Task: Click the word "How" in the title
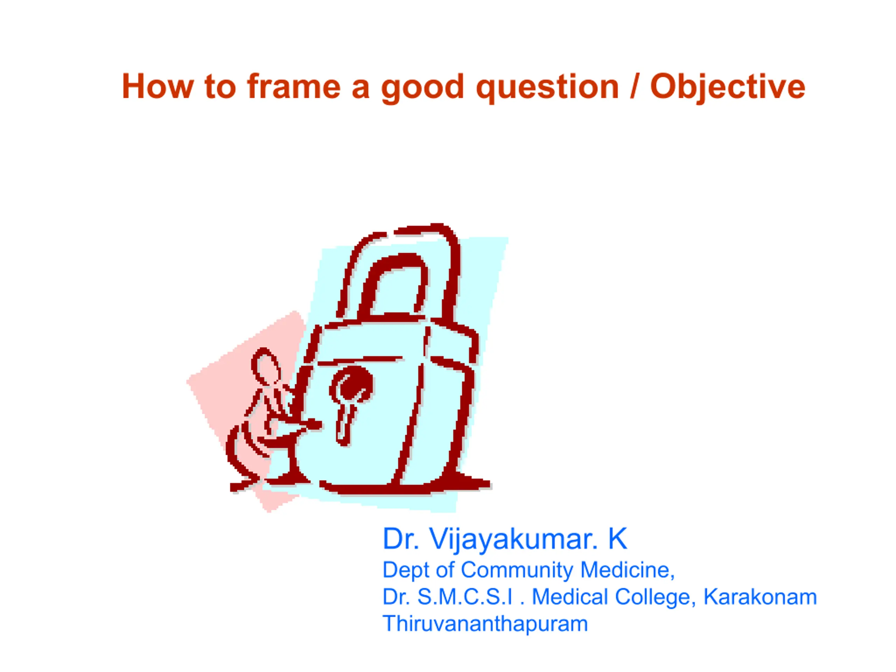point(158,86)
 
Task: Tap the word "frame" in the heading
point(294,86)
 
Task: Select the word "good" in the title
point(422,88)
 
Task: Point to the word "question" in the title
point(548,88)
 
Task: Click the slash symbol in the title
point(635,86)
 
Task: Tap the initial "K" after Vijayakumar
point(617,538)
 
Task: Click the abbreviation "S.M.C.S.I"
point(465,597)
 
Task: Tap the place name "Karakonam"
point(760,597)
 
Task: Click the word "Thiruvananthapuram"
point(485,624)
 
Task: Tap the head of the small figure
point(265,366)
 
